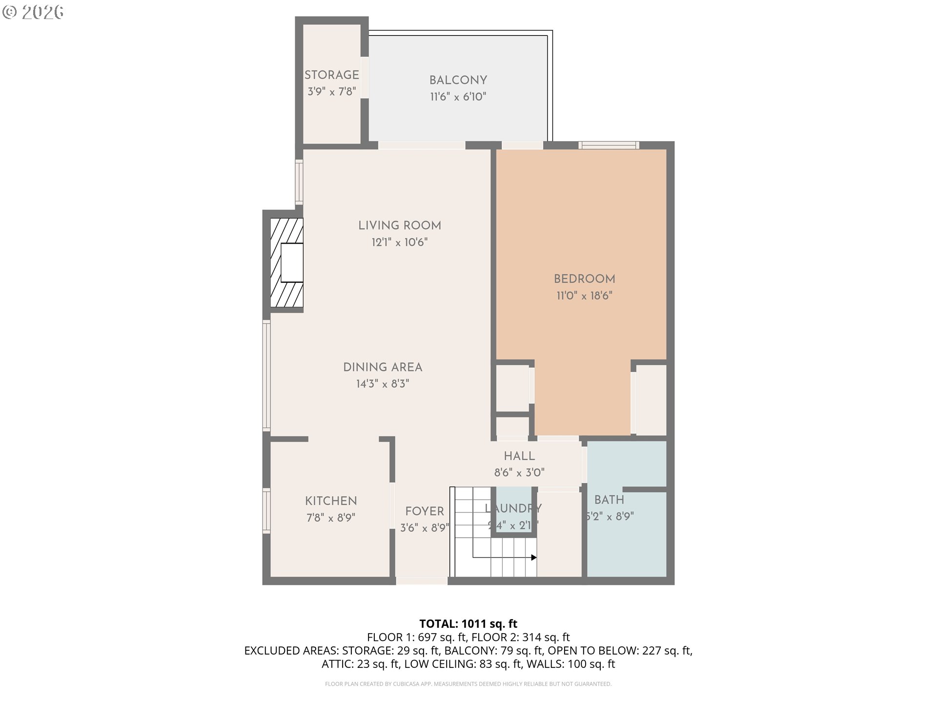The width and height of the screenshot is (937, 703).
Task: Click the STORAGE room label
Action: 331,75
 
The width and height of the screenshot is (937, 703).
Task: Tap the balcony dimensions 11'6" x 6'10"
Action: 458,97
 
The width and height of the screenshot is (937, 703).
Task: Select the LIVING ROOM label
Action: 399,225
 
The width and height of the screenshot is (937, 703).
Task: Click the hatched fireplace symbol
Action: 286,263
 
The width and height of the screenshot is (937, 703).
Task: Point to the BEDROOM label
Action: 584,279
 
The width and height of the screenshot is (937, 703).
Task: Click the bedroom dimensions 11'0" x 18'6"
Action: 584,295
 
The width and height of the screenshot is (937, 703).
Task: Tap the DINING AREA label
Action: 383,367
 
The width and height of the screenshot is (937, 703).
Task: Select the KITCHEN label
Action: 331,501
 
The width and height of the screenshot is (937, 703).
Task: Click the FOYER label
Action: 424,511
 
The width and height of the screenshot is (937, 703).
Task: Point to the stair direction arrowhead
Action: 534,558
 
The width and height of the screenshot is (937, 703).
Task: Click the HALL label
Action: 519,456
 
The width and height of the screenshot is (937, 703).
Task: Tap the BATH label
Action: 609,500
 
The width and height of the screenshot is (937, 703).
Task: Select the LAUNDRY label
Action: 513,508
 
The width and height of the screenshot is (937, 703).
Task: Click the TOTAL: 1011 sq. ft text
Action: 468,623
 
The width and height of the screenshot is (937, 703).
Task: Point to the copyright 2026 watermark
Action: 33,12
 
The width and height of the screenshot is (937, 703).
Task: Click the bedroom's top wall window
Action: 609,145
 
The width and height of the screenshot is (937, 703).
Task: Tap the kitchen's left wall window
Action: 266,510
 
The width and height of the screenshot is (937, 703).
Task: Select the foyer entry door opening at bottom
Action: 422,581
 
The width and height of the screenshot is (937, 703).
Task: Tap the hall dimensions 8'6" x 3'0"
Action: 519,473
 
